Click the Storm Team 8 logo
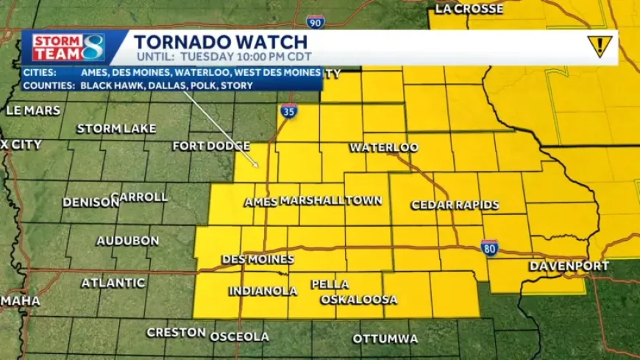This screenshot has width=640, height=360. click(68, 47)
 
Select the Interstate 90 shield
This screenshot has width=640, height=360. click(316, 21)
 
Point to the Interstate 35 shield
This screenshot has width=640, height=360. click(288, 113)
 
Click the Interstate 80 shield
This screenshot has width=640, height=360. click(490, 247)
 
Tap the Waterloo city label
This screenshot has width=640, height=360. click(384, 147)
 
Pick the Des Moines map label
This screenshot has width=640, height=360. click(257, 259)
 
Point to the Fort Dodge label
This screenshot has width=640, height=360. click(212, 146)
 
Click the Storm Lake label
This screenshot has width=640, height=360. click(116, 129)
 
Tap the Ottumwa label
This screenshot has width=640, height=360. click(385, 339)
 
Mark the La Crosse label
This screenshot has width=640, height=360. click(469, 9)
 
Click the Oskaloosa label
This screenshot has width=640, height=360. click(359, 300)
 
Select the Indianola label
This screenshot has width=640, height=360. click(263, 291)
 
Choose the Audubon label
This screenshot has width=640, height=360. click(128, 241)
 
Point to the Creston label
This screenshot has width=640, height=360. click(175, 332)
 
